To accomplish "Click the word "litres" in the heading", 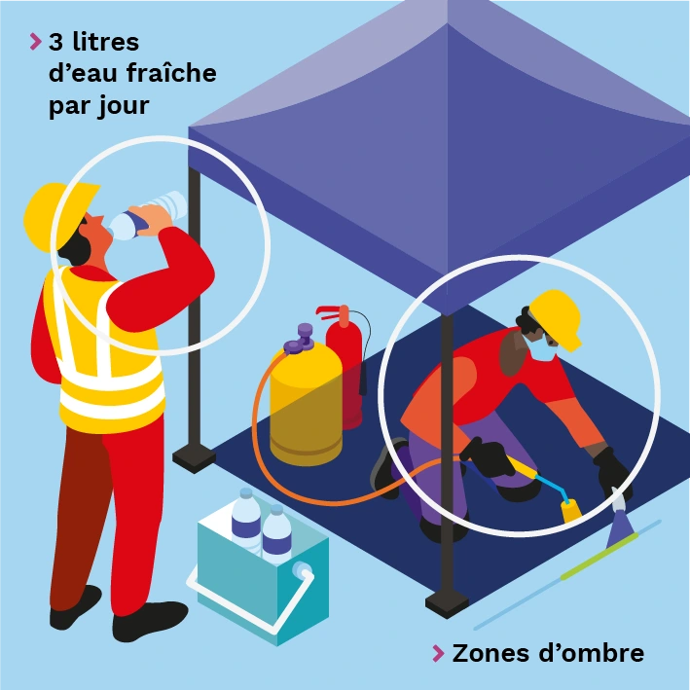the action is pos(106,42).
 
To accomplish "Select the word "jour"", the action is pos(124,106).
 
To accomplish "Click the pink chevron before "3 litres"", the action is pos(36,42).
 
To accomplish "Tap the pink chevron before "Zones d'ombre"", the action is pos(439,653).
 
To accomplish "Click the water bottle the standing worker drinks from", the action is pos(147,216).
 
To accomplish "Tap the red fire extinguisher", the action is pos(345,365).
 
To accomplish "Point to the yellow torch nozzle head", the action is pos(571,511).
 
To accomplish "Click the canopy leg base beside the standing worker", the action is pos(194,457).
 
